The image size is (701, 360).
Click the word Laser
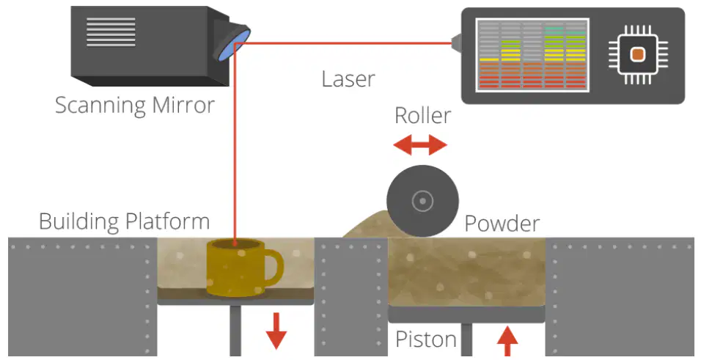(348, 78)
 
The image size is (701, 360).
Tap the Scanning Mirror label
(135, 106)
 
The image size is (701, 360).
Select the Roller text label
(422, 115)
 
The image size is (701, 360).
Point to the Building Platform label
(124, 221)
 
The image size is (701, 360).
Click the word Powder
(502, 223)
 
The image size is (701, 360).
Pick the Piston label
(426, 339)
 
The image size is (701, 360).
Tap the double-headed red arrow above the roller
(420, 144)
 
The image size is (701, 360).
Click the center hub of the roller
(422, 201)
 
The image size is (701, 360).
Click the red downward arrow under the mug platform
(276, 331)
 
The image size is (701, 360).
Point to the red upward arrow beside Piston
(507, 341)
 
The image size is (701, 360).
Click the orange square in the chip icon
(638, 54)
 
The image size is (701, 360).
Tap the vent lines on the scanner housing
(111, 32)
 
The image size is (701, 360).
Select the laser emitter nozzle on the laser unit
(456, 43)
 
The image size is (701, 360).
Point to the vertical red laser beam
(235, 143)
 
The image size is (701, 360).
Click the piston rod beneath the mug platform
(235, 331)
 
